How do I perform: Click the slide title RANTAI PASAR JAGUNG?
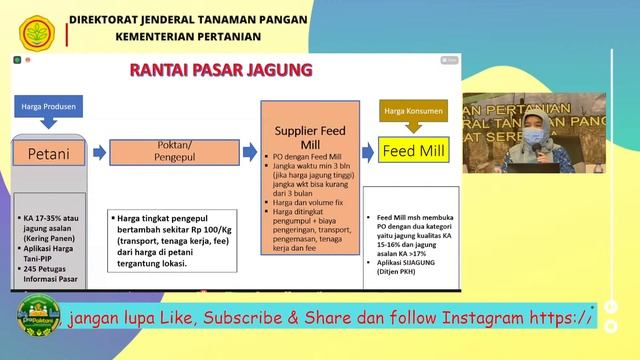(222, 70)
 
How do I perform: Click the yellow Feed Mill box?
(409, 151)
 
